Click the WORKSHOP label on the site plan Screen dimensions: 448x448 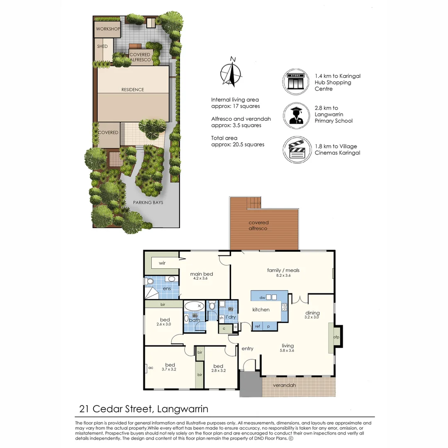pyautogui.click(x=108, y=29)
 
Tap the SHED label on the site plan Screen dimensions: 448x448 pyautogui.click(x=102, y=46)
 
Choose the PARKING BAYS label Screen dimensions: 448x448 pyautogui.click(x=148, y=203)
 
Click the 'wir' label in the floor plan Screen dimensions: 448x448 pyautogui.click(x=162, y=263)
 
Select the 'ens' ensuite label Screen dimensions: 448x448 pyautogui.click(x=167, y=288)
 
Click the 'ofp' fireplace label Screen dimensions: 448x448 pyautogui.click(x=336, y=337)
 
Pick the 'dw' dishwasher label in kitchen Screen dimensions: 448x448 pyautogui.click(x=262, y=297)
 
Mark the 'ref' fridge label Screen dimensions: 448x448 pyautogui.click(x=258, y=326)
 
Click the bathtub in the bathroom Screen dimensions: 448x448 pyautogui.click(x=194, y=307)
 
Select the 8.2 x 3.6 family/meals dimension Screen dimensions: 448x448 pyautogui.click(x=283, y=276)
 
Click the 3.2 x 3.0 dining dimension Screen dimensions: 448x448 pyautogui.click(x=312, y=317)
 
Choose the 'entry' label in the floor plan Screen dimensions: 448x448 pyautogui.click(x=247, y=349)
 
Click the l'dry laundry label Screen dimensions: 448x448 pyautogui.click(x=230, y=317)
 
